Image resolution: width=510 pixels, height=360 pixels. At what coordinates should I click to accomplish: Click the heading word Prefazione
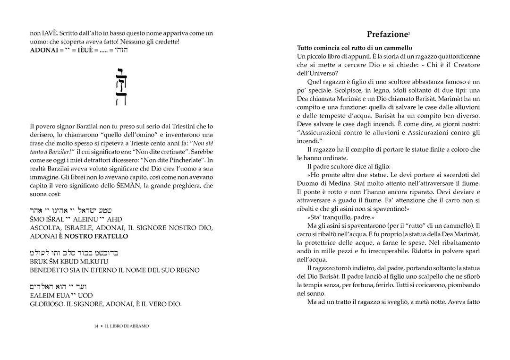(x=387, y=34)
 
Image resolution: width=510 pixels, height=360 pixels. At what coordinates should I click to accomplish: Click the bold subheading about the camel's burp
(x=354, y=48)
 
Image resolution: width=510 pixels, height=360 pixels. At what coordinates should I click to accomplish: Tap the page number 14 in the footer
(x=96, y=326)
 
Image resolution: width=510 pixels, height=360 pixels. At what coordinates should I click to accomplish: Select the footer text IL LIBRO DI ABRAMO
(x=127, y=326)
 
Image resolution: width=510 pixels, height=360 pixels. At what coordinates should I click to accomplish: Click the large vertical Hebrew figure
(x=121, y=87)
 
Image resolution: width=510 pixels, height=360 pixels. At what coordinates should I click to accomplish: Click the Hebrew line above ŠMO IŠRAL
(x=70, y=210)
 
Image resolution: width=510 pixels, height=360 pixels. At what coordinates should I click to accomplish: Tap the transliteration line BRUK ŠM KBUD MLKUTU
(x=69, y=261)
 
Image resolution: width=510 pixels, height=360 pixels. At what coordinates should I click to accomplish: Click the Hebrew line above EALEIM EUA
(x=58, y=287)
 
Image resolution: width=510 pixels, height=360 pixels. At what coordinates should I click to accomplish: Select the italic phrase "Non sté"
(x=200, y=143)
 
